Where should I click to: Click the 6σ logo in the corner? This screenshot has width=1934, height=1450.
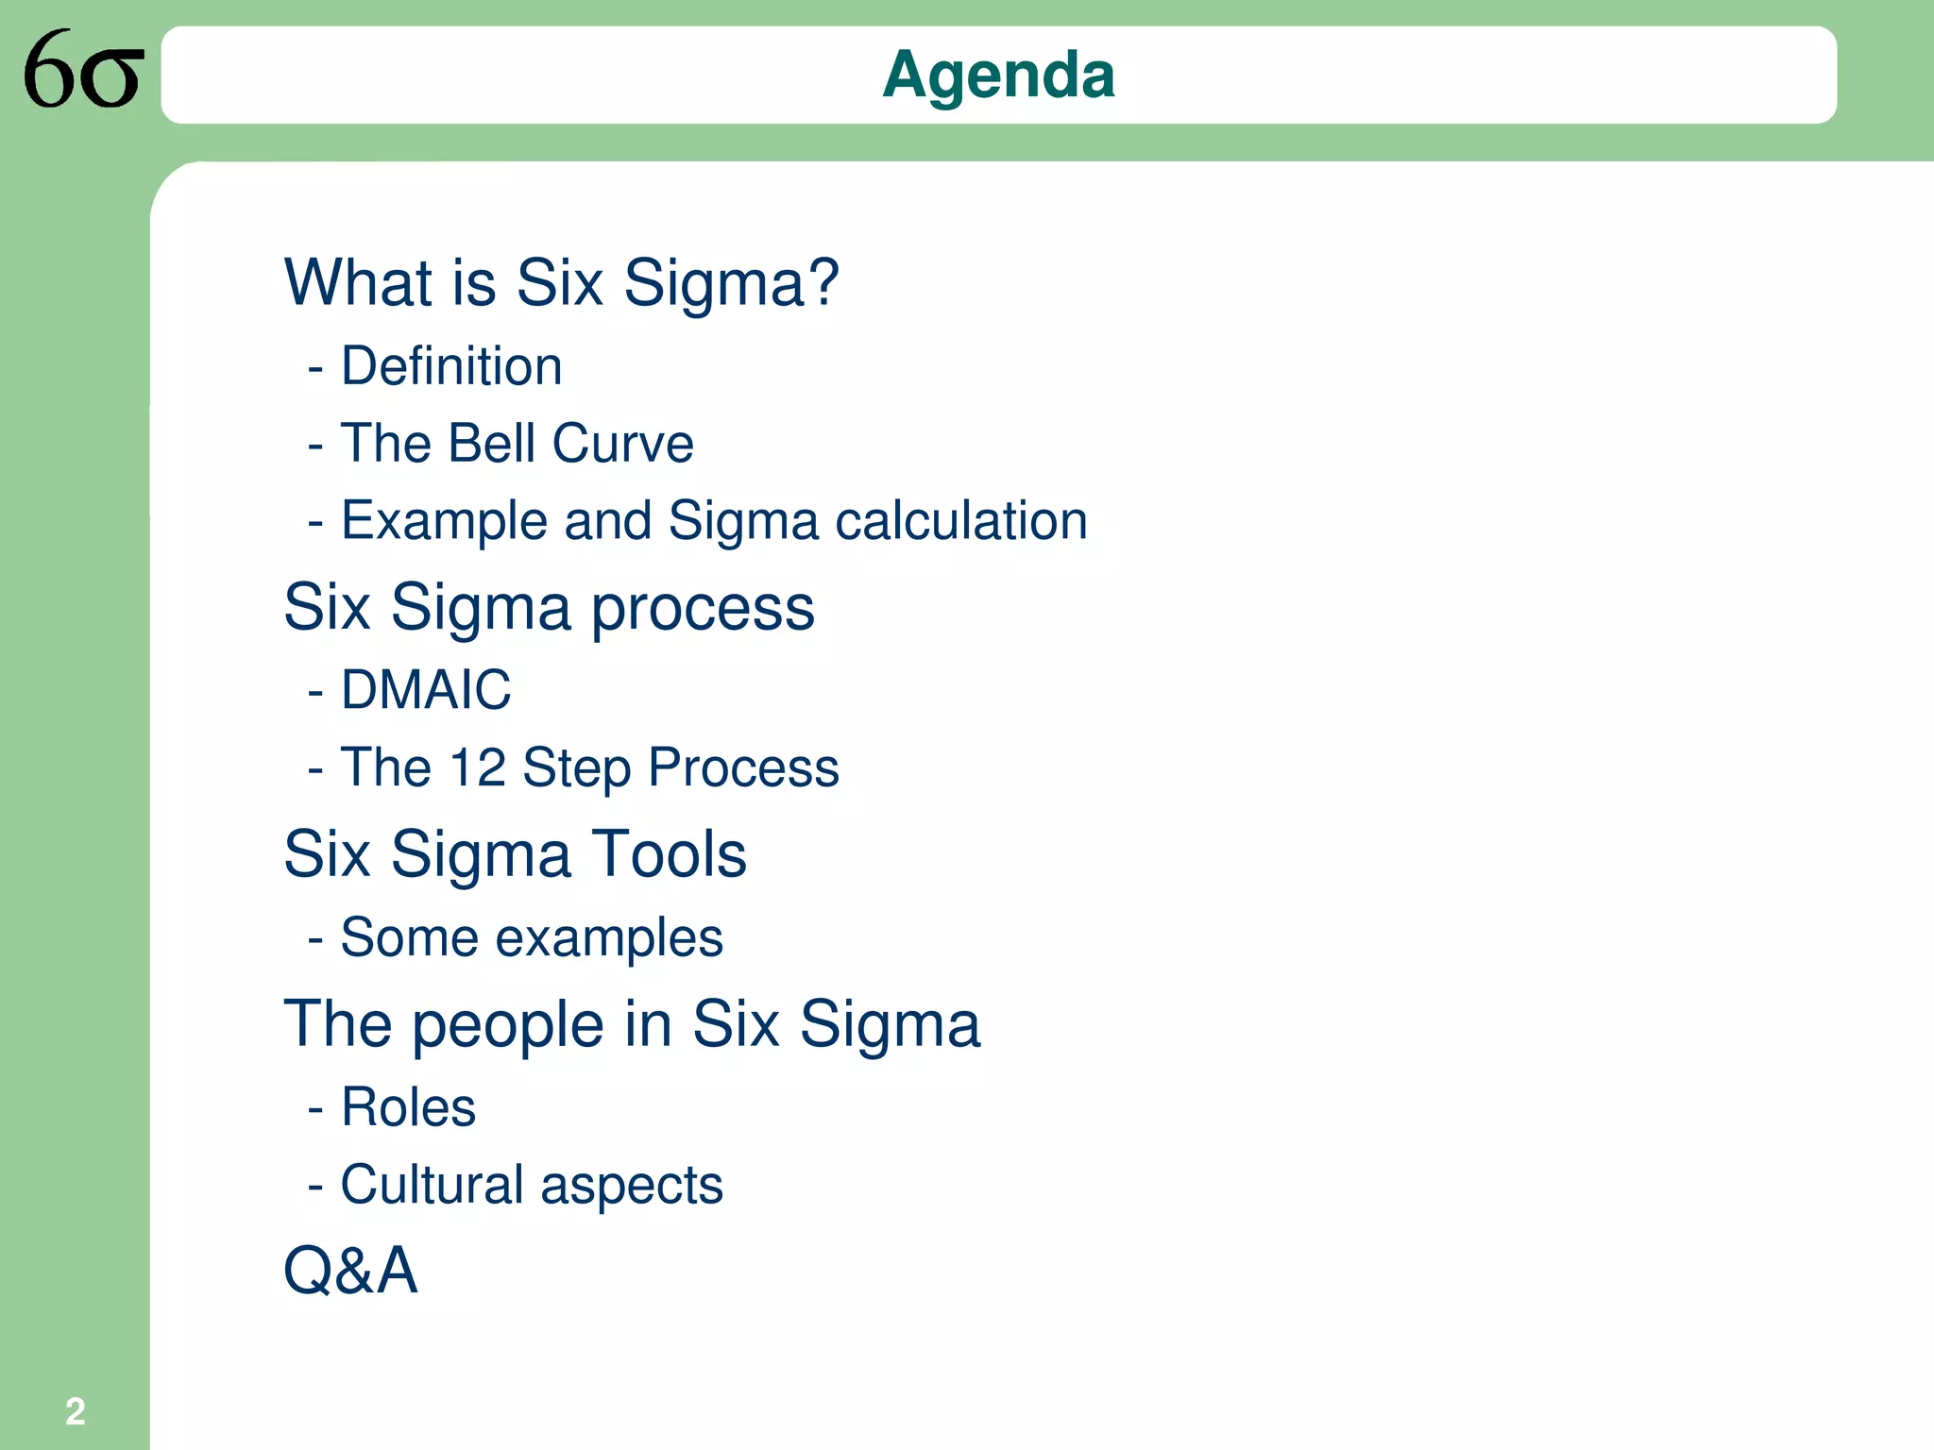click(x=83, y=70)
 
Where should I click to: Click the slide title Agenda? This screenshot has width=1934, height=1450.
click(x=998, y=75)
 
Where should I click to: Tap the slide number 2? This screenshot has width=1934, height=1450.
click(x=75, y=1411)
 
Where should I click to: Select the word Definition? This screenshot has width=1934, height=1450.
click(x=451, y=366)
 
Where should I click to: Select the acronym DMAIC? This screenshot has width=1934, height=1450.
click(x=426, y=689)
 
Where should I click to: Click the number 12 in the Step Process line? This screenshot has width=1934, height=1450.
click(x=478, y=767)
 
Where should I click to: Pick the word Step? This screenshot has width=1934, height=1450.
click(x=576, y=768)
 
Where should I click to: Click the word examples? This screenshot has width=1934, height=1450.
click(x=609, y=939)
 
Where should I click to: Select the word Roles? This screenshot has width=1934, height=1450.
click(x=408, y=1107)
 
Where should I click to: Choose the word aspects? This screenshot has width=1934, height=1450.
click(x=632, y=1187)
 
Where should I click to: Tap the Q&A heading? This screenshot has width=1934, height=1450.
click(x=350, y=1270)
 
